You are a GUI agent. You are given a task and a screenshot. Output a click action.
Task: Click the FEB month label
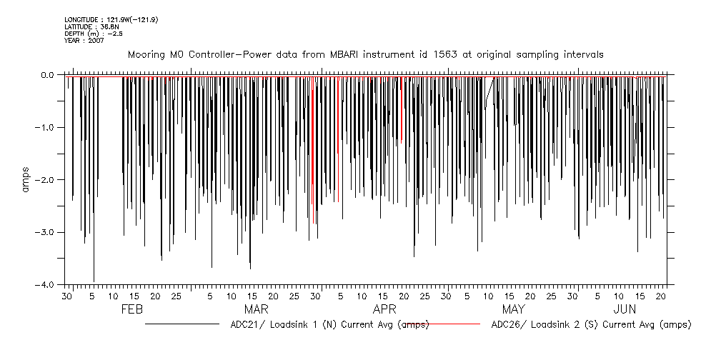coord(133,310)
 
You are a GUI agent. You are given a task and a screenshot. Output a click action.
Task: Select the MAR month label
coord(257,310)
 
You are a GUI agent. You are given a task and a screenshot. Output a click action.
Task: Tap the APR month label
coord(384,310)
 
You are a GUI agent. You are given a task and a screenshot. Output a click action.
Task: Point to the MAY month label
coord(514,310)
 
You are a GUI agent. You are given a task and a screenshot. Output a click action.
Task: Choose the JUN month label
coord(625,310)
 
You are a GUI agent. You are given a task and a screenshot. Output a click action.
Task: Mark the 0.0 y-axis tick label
coord(47,75)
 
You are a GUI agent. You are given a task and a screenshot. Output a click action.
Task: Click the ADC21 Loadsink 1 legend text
coord(329,325)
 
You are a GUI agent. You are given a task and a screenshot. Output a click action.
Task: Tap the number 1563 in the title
coord(457,54)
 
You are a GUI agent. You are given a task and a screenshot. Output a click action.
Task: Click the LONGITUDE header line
coord(111,19)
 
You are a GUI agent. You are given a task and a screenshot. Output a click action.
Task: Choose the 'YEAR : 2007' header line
coord(84,41)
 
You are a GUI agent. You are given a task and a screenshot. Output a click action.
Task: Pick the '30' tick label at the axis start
coord(67,295)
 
